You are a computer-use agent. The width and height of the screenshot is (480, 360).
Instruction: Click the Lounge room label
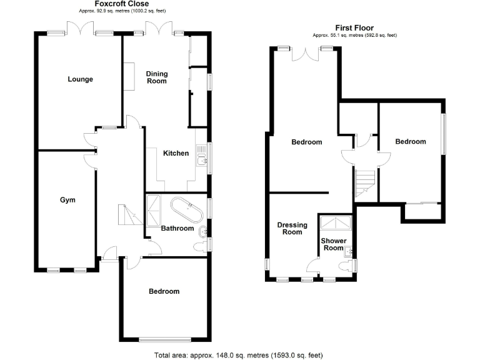coord(80,79)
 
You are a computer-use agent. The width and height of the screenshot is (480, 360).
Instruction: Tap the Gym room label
coord(67,200)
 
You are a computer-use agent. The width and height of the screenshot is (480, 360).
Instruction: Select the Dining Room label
coord(156,77)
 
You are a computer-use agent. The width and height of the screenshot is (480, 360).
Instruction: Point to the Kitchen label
coord(176,153)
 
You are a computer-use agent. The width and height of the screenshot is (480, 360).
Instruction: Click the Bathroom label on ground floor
coord(177,228)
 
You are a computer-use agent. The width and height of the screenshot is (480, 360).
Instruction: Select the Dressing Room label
coord(289,228)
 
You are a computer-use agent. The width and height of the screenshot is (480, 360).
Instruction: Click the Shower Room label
coord(332,244)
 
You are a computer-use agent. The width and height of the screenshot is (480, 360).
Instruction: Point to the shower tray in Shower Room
coord(336,223)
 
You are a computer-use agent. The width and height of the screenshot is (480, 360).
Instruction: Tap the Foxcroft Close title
coord(121,4)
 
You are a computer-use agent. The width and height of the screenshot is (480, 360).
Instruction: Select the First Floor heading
coord(354,28)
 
